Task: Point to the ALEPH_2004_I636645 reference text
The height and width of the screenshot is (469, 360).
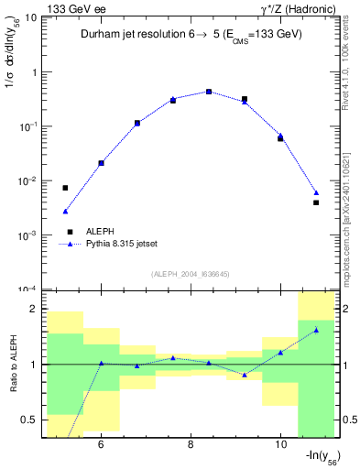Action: coord(189,272)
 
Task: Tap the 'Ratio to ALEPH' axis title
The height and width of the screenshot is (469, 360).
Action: coord(12,364)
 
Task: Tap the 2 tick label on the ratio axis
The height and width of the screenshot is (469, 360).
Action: coord(34,309)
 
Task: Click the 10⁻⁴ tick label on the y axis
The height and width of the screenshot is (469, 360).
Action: coord(28,289)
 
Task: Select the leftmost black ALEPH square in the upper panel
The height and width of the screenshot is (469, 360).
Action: coord(65,188)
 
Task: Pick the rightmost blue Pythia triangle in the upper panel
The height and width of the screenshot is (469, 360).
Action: coord(316,192)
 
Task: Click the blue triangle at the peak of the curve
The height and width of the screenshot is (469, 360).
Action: coord(209,92)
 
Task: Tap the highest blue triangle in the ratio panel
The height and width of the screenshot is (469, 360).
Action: coord(316,330)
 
